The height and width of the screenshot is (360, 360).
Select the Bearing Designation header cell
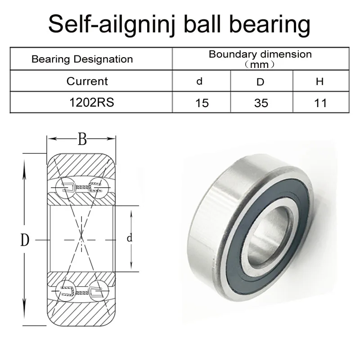point(82,59)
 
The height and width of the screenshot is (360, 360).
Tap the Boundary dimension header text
point(260,54)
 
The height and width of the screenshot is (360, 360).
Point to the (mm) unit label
point(260,64)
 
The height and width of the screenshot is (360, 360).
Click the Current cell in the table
point(87,81)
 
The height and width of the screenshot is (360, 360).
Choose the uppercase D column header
point(261,81)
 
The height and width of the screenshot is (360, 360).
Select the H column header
point(320,81)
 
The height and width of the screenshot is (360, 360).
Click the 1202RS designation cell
point(91,103)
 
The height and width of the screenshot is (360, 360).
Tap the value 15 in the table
point(202,103)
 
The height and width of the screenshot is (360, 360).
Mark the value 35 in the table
point(261,103)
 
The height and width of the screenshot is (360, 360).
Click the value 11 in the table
point(320,103)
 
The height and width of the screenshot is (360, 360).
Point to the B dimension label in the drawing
point(82,139)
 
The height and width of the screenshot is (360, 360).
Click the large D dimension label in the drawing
point(25,240)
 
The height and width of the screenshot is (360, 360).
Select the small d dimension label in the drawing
point(130,238)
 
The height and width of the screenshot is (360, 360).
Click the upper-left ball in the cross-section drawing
point(67,185)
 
